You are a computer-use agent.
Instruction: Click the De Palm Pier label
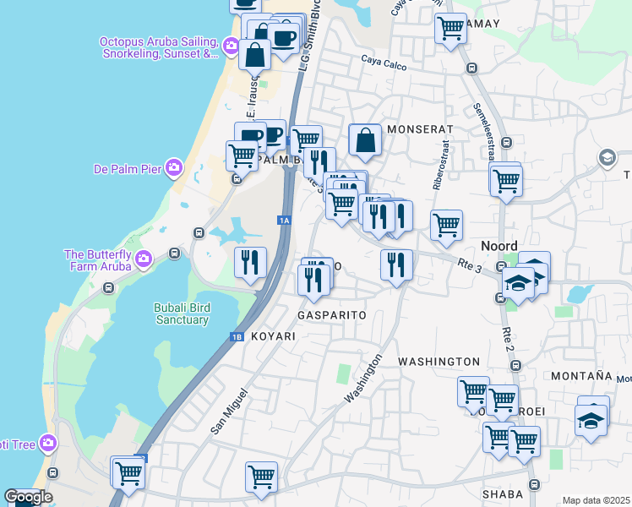tap(127, 168)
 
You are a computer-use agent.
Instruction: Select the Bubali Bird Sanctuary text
tap(181, 313)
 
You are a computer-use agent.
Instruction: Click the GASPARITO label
tap(332, 314)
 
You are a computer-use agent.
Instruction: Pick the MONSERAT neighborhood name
tap(420, 129)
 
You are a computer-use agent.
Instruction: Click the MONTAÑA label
tap(580, 375)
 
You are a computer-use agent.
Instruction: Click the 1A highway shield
tap(284, 221)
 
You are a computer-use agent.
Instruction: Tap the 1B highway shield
tap(237, 337)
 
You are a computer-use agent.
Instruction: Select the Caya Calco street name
tap(384, 62)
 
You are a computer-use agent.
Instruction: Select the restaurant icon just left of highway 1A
tap(250, 262)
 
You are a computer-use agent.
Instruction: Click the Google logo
tap(27, 497)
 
